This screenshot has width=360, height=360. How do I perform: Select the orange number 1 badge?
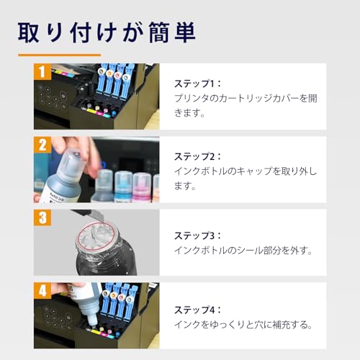point(42,71)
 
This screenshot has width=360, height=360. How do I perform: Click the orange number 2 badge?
point(42,145)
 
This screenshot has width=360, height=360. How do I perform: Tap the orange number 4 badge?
point(42,291)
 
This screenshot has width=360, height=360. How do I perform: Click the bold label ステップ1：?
point(198,83)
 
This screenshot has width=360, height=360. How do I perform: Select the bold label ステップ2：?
point(198,156)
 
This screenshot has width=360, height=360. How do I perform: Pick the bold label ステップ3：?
point(198,235)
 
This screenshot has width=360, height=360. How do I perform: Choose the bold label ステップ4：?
point(198,309)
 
